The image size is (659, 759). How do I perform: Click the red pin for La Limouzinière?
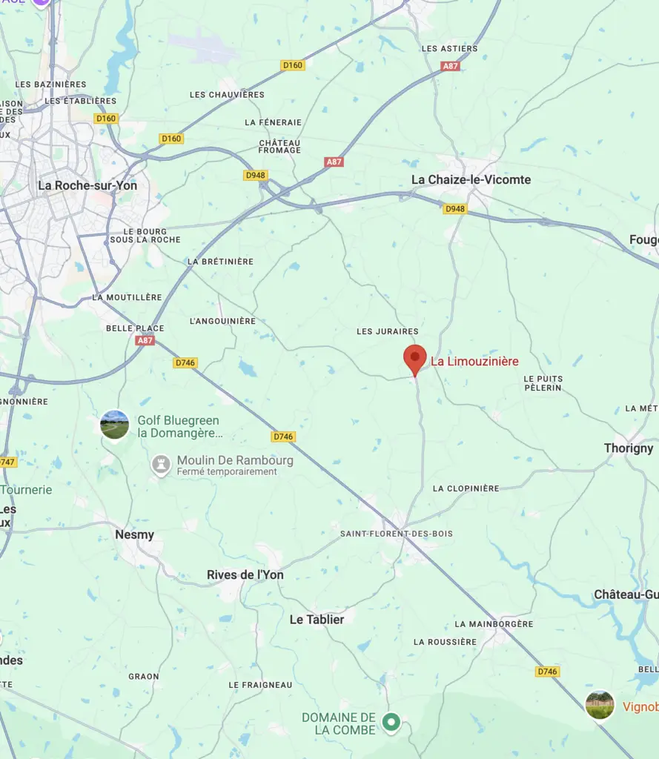click(415, 358)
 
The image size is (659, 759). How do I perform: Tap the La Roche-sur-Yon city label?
click(87, 185)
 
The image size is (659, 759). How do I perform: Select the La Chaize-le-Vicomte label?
click(471, 179)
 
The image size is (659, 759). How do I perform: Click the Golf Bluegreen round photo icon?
click(115, 425)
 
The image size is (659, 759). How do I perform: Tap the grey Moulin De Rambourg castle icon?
click(161, 465)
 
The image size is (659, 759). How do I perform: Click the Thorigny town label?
click(629, 448)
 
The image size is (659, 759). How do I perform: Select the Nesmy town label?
click(135, 534)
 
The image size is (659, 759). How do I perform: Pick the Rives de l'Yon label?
click(245, 575)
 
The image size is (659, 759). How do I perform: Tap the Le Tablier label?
click(317, 620)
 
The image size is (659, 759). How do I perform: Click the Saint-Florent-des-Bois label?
click(397, 534)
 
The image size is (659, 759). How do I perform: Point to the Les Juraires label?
click(388, 331)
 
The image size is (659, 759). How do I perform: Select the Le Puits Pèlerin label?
click(543, 383)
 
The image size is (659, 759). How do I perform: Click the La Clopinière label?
click(466, 488)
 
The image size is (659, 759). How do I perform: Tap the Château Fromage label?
click(279, 146)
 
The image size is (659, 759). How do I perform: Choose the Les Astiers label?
click(450, 48)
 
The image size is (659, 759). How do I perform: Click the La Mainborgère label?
click(494, 624)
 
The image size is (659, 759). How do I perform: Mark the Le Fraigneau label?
click(260, 685)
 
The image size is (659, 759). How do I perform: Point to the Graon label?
click(144, 676)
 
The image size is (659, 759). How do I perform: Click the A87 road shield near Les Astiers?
click(451, 66)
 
